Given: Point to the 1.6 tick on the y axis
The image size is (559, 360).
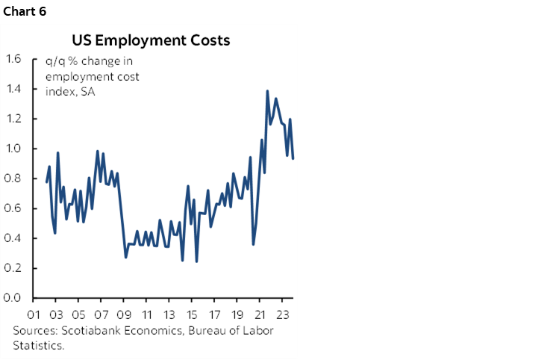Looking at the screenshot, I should [x=14, y=59].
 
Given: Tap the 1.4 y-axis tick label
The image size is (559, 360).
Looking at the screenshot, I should [x=14, y=89].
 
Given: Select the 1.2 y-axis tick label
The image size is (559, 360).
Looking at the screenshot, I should [x=14, y=119].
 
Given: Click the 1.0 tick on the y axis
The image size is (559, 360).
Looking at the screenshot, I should [x=14, y=149].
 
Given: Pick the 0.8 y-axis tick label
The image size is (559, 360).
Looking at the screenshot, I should [x=14, y=179].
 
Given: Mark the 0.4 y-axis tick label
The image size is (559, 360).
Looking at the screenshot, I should [x=14, y=238].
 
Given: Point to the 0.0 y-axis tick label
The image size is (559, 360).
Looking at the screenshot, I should [x=14, y=298].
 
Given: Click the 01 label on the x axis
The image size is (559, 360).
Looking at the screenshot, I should [x=34, y=314].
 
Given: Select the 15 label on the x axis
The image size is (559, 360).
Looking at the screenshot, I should [x=192, y=314].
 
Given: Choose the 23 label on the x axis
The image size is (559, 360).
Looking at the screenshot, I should [x=282, y=314].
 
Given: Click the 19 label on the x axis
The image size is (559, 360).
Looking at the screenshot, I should [x=237, y=314].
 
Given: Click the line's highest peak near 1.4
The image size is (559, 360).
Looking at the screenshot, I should [x=267, y=91].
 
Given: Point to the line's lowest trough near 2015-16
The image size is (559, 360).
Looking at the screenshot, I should [x=196, y=261].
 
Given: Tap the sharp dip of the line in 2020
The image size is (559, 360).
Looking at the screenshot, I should [x=254, y=243].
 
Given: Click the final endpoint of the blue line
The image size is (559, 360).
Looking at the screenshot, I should [x=293, y=158].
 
